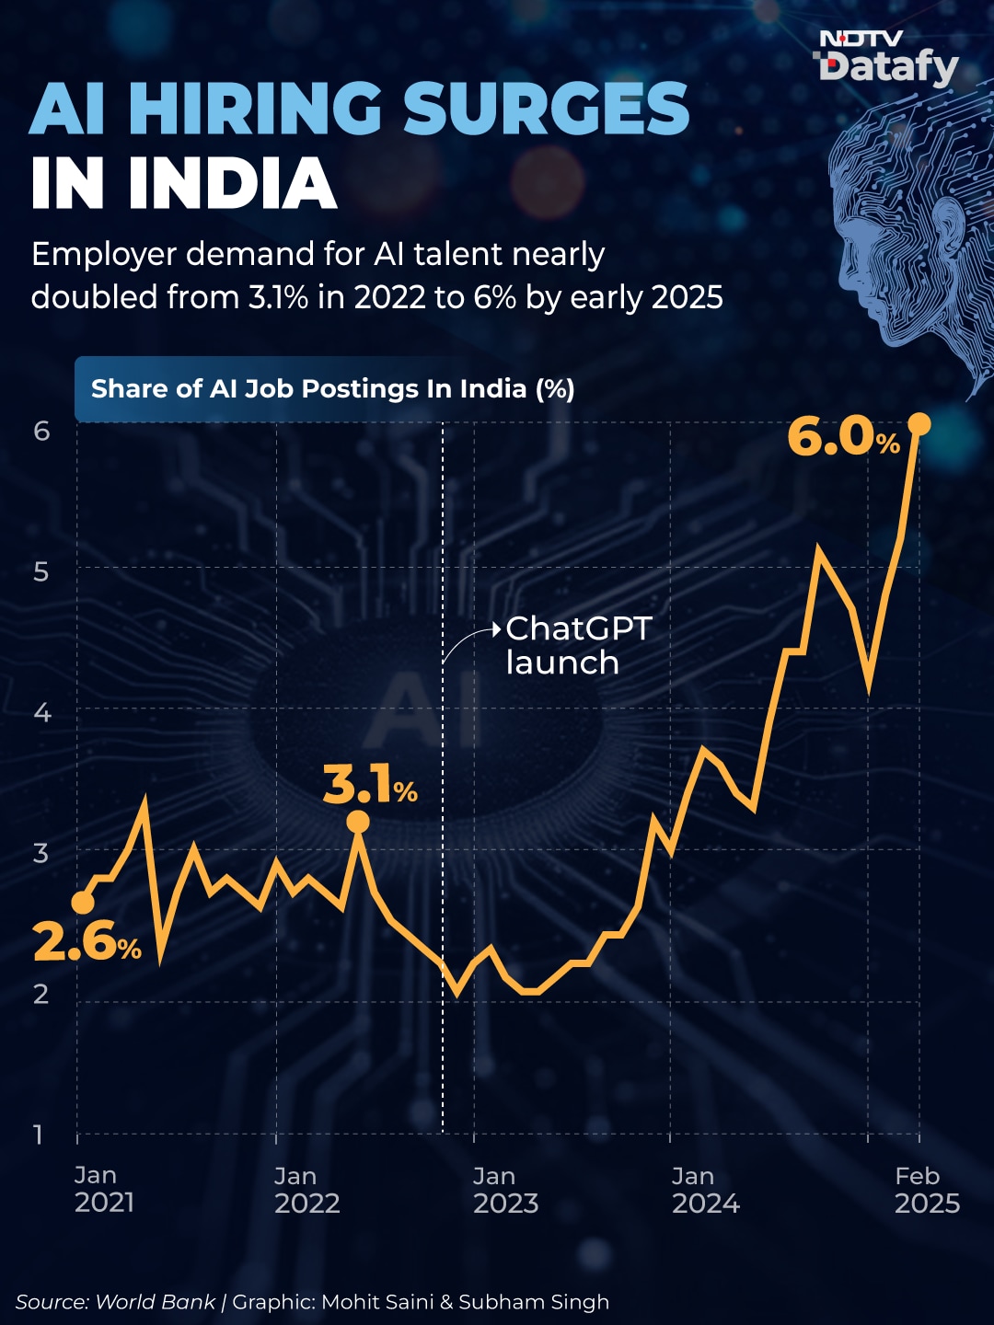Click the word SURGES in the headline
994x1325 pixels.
[546, 109]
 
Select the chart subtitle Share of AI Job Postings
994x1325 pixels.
[332, 388]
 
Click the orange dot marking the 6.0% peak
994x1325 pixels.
[919, 424]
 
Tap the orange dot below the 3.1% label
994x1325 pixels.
[359, 822]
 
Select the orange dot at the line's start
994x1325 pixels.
[83, 903]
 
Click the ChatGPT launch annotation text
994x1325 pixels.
[578, 646]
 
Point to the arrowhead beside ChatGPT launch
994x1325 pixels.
[496, 630]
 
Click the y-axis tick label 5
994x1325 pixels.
[41, 571]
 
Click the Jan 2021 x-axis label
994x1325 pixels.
[104, 1190]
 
